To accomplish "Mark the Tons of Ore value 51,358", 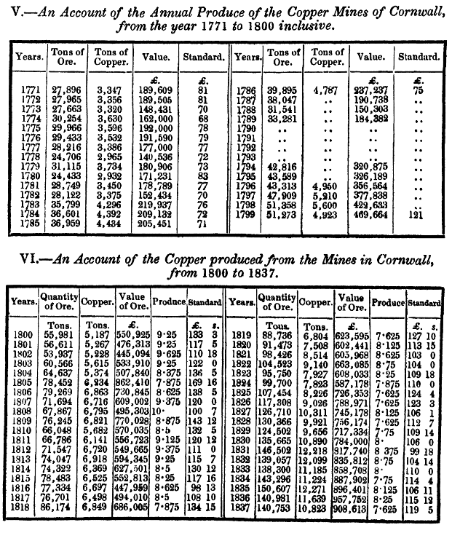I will click(283, 206).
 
